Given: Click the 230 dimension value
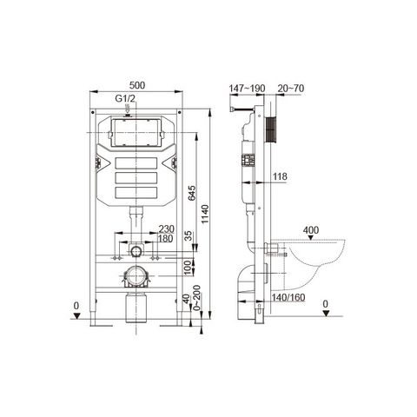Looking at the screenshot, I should (x=165, y=229).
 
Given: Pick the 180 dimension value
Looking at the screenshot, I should (x=165, y=239).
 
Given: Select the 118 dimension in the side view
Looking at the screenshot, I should (x=281, y=177).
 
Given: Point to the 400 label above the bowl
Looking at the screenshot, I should (x=311, y=230).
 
